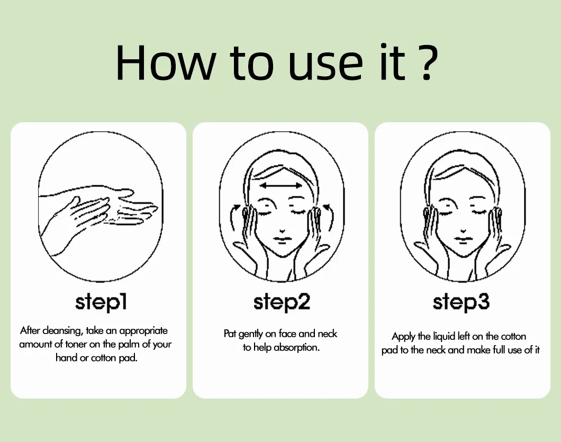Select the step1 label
[101, 302]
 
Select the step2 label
[282, 302]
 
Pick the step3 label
[461, 302]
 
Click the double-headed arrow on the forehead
[281, 185]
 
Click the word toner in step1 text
[76, 344]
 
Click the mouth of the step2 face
[282, 240]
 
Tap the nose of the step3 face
[463, 231]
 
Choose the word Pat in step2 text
[230, 333]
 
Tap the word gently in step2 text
[250, 334]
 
